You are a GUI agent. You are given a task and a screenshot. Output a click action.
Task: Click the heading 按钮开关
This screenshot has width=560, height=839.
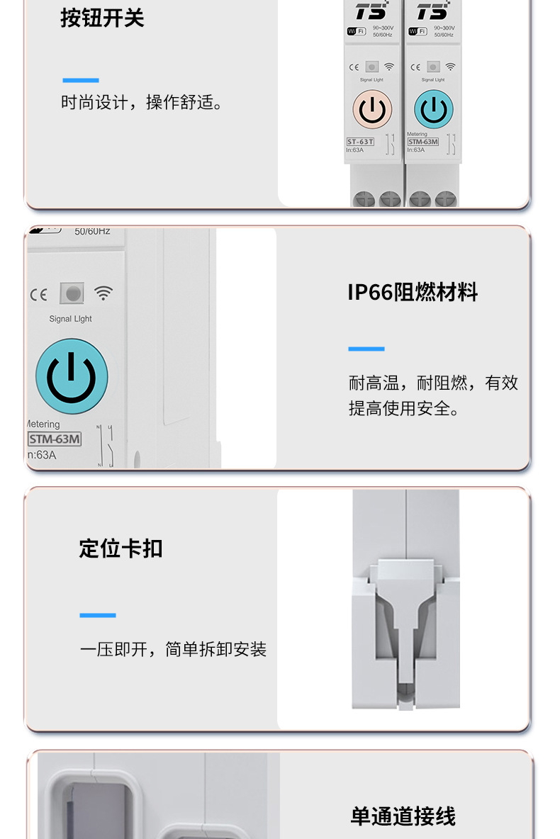point(102,18)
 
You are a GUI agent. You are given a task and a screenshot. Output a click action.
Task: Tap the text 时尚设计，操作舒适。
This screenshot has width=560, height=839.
point(142,103)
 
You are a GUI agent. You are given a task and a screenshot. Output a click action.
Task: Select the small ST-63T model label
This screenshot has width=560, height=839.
point(360,142)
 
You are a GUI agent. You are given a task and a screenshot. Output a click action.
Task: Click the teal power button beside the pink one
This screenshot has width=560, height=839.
point(433,110)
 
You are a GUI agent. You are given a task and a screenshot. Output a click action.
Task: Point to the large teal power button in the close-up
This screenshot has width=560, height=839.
point(72,376)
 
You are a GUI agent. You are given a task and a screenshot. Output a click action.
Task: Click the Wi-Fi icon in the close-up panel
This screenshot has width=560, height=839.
point(104,293)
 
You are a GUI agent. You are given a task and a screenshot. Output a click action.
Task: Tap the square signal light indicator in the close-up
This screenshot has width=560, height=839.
point(71,293)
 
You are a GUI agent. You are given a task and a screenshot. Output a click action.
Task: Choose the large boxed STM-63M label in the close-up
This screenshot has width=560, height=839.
point(55,439)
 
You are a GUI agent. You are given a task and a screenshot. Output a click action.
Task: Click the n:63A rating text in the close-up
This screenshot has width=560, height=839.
point(41,455)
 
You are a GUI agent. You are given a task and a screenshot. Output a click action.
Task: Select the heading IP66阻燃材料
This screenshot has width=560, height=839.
point(413,292)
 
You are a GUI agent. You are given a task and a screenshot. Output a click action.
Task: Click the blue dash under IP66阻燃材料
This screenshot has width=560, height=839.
point(366,349)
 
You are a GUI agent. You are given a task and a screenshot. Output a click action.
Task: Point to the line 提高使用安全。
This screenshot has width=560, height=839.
point(404,409)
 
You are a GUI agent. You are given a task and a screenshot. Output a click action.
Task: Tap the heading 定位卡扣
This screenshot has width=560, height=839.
point(121,548)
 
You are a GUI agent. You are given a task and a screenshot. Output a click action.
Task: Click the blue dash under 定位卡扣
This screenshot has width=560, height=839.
point(97,615)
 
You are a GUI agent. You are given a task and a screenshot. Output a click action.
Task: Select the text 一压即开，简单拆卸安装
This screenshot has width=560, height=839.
point(173,649)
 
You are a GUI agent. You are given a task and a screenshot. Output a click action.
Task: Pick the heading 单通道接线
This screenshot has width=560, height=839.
point(403,816)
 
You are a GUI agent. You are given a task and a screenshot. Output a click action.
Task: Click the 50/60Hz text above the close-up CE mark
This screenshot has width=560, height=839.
point(92,231)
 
